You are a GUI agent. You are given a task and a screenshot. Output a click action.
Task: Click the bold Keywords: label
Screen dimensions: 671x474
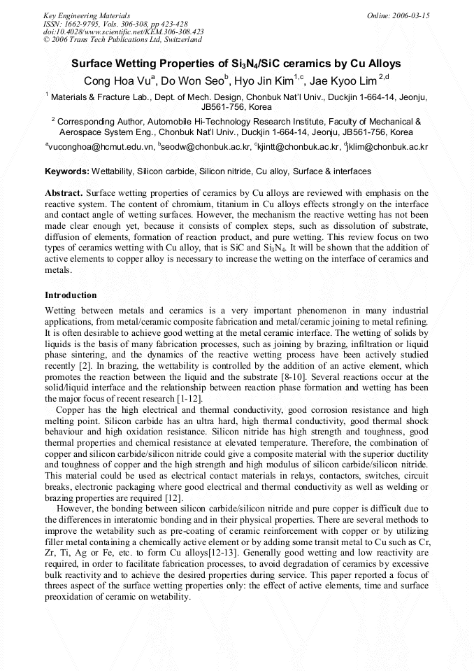point(67,171)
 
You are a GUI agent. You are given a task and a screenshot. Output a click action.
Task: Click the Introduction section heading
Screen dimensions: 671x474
point(71,295)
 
